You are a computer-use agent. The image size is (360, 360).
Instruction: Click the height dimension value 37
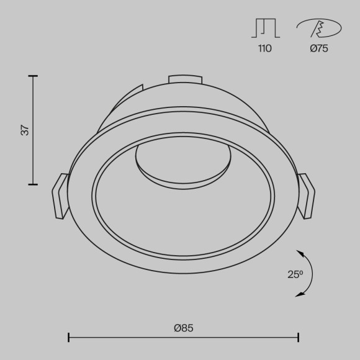25,130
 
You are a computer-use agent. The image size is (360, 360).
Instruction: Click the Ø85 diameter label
184,327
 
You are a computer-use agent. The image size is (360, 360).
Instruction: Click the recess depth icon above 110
265,29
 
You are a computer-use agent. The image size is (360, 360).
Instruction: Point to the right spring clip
307,196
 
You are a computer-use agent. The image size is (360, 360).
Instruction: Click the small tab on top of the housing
185,79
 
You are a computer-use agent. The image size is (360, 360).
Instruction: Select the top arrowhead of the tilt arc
300,253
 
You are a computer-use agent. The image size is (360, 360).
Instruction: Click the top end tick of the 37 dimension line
34,76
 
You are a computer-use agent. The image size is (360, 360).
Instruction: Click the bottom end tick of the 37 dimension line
34,184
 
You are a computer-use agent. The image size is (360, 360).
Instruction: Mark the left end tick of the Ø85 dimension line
68,338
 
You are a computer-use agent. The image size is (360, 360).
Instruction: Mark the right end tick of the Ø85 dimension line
299,338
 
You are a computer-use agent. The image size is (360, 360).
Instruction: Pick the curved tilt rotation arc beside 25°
311,274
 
